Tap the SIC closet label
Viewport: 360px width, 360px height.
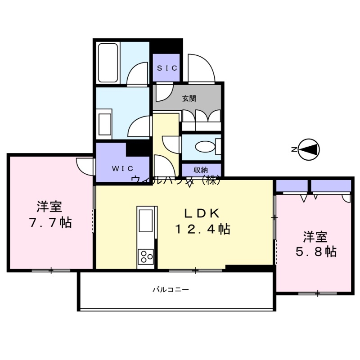point(166,67)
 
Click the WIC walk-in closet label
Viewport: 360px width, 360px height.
point(122,169)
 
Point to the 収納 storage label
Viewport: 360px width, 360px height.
point(201,170)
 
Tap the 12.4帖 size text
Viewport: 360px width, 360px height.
point(202,229)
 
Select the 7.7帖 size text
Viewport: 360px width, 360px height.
point(50,222)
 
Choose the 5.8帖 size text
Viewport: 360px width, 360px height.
point(315,252)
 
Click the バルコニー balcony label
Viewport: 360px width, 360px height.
point(170,289)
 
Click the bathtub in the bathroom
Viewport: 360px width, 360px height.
point(108,63)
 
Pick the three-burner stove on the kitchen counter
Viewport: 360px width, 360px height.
point(146,256)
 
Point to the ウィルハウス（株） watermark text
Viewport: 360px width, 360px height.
point(176,180)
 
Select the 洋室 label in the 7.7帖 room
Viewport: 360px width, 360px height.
point(49,207)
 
